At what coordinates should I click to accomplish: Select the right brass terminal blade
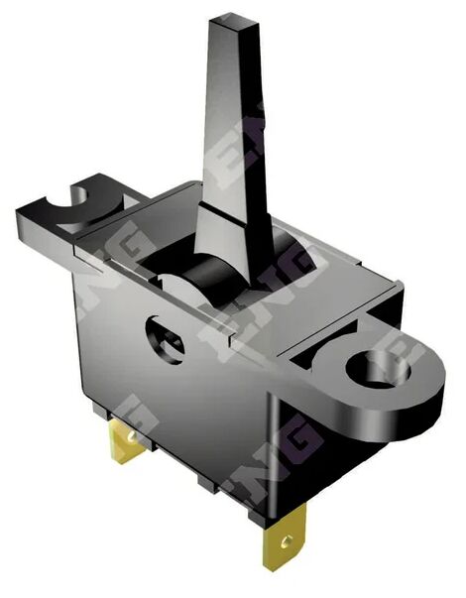284,536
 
